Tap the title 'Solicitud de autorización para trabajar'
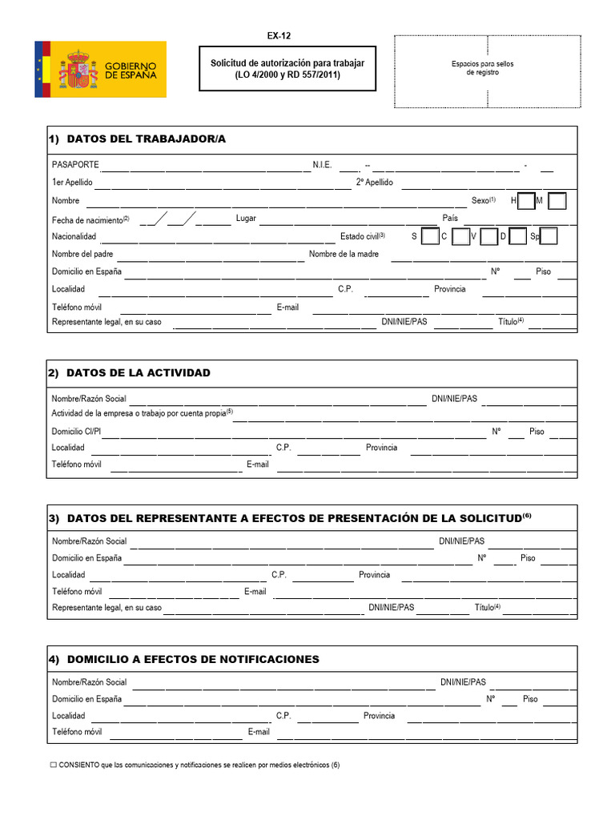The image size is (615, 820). (287, 62)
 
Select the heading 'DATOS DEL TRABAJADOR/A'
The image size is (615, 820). (146, 139)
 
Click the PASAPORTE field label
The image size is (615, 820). (75, 165)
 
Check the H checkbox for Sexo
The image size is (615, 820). (526, 201)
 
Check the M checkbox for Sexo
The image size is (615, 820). (558, 201)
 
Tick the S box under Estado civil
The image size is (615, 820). (429, 236)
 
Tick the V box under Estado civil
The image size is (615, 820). (488, 236)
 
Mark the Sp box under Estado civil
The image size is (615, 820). (549, 236)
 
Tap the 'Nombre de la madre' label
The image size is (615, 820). (344, 255)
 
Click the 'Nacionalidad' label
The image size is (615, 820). (74, 237)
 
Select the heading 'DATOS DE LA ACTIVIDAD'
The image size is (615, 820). (138, 373)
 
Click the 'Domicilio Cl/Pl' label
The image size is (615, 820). (76, 432)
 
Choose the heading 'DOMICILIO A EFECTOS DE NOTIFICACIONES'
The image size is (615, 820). (193, 660)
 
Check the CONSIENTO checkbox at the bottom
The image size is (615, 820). (54, 765)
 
